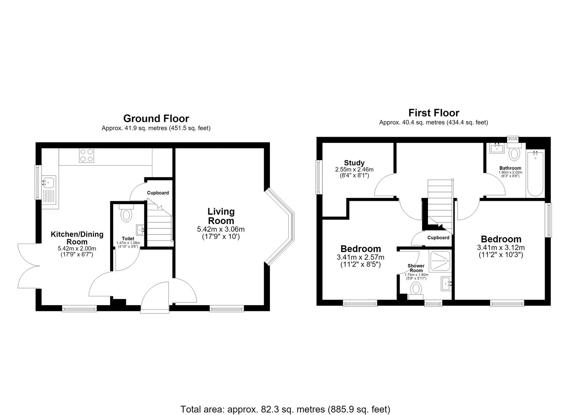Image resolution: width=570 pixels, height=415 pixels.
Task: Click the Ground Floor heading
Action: tap(156, 119)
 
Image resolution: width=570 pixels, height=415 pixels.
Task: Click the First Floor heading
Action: tap(434, 113)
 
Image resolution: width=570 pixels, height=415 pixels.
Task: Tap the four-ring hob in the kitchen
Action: tap(86, 155)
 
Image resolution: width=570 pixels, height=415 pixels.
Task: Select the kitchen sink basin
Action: tap(48, 182)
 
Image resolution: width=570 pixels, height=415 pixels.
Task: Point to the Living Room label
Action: tap(221, 216)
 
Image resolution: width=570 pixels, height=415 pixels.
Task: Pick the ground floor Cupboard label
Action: tap(158, 193)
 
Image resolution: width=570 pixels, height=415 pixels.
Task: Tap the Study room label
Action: tap(354, 163)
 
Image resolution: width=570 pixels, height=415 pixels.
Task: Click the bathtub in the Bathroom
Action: tap(535, 174)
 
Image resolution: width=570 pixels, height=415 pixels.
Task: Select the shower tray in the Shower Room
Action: tap(440, 261)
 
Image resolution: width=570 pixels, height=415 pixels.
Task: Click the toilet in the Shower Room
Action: tap(416, 291)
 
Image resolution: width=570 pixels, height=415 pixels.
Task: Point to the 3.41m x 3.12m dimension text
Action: tap(501, 247)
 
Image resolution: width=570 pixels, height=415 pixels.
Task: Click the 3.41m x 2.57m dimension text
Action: tap(360, 257)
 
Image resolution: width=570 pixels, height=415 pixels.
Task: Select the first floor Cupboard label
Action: tap(438, 238)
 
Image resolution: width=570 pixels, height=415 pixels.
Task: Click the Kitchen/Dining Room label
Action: tap(77, 238)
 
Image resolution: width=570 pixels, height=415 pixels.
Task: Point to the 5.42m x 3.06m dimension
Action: tap(221, 229)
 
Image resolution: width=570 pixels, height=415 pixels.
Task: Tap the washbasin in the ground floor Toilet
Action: tap(140, 230)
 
